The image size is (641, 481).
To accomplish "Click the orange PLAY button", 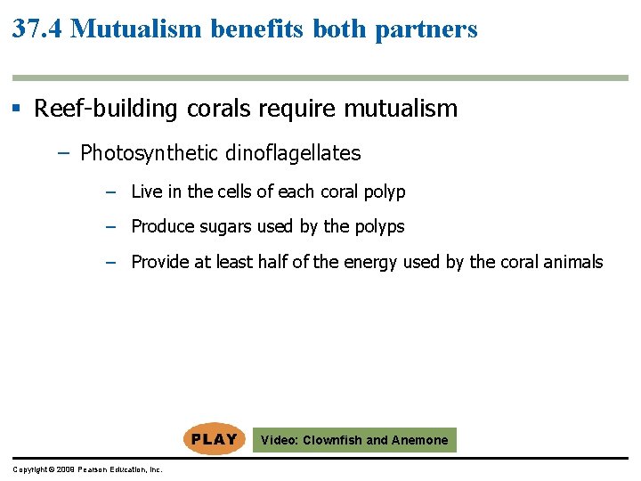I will click(214, 439).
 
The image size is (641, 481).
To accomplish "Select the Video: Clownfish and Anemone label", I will click(354, 440).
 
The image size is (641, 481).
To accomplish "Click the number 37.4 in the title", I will click(37, 29).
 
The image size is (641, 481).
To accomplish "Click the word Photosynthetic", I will click(150, 153).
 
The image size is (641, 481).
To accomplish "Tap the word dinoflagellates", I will click(293, 153).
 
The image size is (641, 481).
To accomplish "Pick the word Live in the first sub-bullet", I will click(144, 192).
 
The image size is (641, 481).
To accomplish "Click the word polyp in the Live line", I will click(385, 192).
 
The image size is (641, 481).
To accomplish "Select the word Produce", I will click(161, 226).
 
